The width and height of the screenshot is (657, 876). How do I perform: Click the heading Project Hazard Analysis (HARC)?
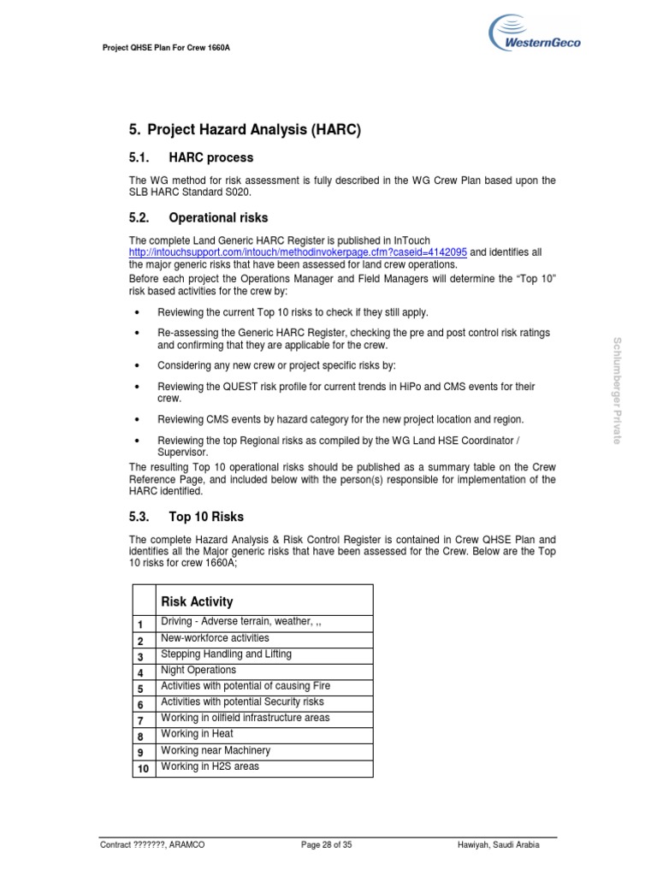[x=245, y=130]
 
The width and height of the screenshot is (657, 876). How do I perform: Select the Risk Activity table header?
[x=197, y=601]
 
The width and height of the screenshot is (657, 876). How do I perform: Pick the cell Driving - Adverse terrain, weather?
[x=240, y=622]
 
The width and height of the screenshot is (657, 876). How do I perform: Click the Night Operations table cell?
[x=198, y=670]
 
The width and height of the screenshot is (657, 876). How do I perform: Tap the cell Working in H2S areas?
[x=210, y=766]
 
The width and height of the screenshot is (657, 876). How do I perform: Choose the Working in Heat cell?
[x=197, y=734]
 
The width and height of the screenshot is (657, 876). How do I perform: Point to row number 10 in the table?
[x=144, y=768]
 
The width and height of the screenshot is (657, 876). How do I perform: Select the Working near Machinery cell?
[x=216, y=750]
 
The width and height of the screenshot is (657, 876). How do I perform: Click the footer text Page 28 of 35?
[x=326, y=844]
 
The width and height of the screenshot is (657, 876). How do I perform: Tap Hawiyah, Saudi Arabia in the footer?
[x=499, y=844]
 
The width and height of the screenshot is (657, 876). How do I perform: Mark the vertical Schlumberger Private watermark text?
[x=617, y=390]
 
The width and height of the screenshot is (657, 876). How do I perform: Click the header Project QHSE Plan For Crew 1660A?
[x=166, y=48]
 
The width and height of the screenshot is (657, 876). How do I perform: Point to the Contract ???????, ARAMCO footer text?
[x=152, y=844]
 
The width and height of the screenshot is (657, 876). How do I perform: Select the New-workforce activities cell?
[x=215, y=638]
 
